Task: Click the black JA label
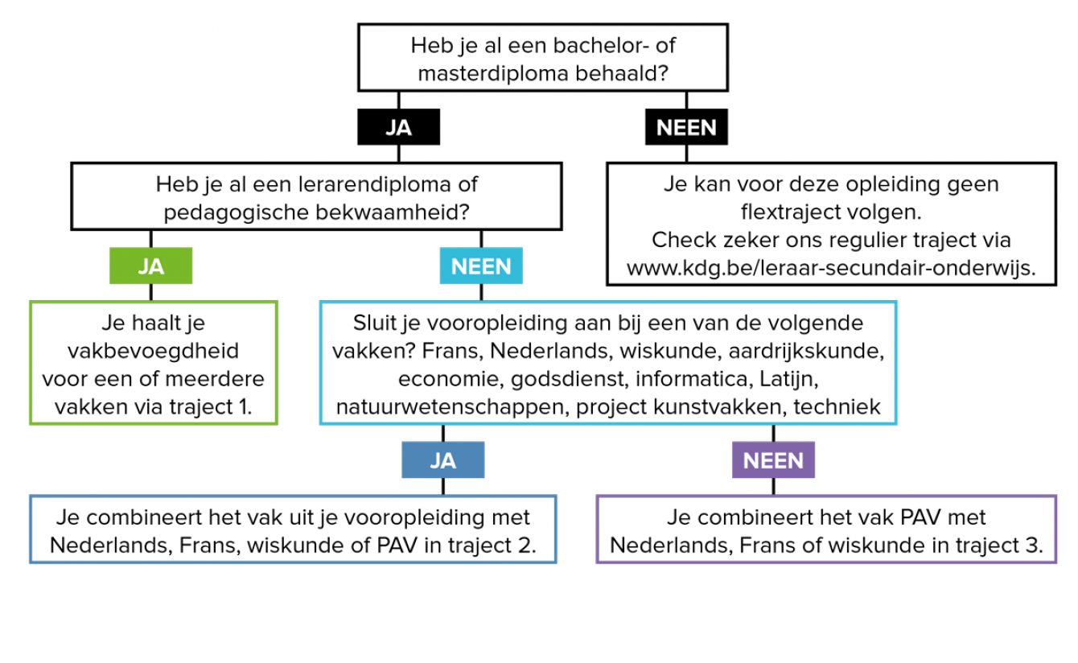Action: coord(398,127)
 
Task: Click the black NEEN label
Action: coord(686,127)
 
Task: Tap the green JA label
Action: coord(150,266)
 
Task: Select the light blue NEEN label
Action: coord(481,266)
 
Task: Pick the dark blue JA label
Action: coord(443,459)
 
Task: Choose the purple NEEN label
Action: coord(773,459)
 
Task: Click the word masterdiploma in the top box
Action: coord(493,74)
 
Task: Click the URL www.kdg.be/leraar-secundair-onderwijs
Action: coord(831,268)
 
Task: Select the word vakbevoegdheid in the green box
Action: coord(153,351)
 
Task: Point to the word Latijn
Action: coord(788,380)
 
